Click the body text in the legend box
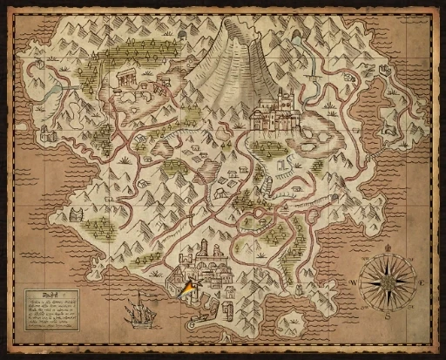click(x=51, y=311)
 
